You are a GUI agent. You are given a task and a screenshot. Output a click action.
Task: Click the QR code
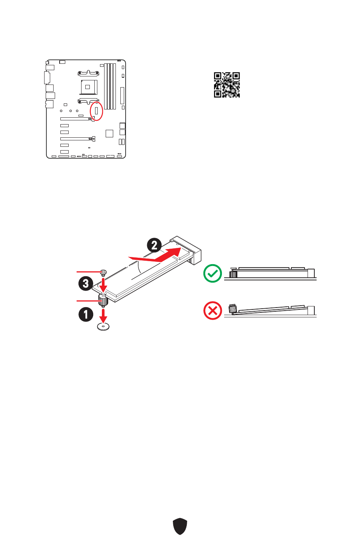[x=227, y=85]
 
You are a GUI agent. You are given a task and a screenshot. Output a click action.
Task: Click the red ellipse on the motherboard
[x=97, y=111]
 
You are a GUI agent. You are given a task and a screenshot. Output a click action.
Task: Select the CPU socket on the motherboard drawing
[x=88, y=87]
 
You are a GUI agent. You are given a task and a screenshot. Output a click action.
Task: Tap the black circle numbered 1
[x=86, y=314]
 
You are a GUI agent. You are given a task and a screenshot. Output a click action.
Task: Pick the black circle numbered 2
[x=154, y=245]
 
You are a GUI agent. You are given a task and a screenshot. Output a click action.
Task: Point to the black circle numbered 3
[x=86, y=283]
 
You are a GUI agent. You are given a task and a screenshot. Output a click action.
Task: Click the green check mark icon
[x=213, y=274]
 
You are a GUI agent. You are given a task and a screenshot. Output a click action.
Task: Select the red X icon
[x=213, y=311]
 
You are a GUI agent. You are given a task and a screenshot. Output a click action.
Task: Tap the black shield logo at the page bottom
[x=180, y=526]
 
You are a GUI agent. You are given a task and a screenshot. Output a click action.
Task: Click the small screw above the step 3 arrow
[x=103, y=272]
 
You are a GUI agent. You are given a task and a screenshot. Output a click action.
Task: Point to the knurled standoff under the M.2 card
[x=103, y=300]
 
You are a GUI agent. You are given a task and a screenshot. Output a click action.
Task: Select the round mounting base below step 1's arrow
[x=103, y=326]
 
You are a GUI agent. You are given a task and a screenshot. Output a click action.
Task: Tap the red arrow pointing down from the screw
[x=103, y=285]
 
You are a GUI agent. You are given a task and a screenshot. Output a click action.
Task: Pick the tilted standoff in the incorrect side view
[x=232, y=309]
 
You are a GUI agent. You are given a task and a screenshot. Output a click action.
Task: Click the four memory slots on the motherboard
[x=110, y=86]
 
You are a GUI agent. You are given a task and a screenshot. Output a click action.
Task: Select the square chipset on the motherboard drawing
[x=109, y=133]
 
